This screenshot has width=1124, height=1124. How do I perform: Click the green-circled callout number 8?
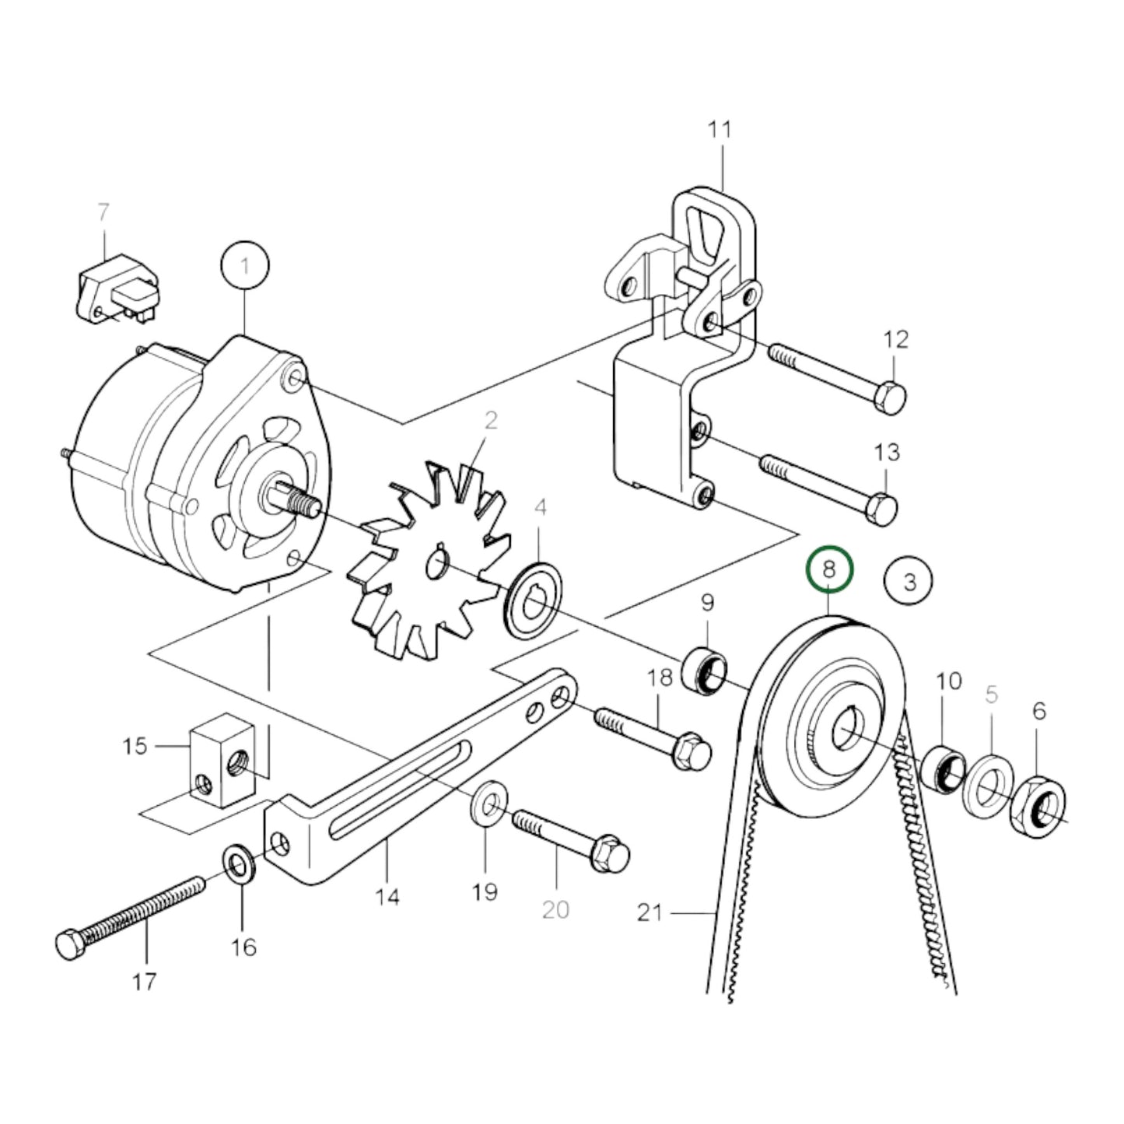click(829, 570)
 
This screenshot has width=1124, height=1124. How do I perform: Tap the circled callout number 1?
click(245, 268)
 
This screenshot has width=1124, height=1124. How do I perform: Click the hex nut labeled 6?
click(1038, 804)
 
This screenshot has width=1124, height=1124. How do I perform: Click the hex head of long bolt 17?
click(72, 944)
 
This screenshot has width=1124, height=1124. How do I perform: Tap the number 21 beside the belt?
click(650, 912)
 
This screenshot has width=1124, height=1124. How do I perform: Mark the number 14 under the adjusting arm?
click(387, 896)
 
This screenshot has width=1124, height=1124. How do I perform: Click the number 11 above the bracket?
click(720, 129)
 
